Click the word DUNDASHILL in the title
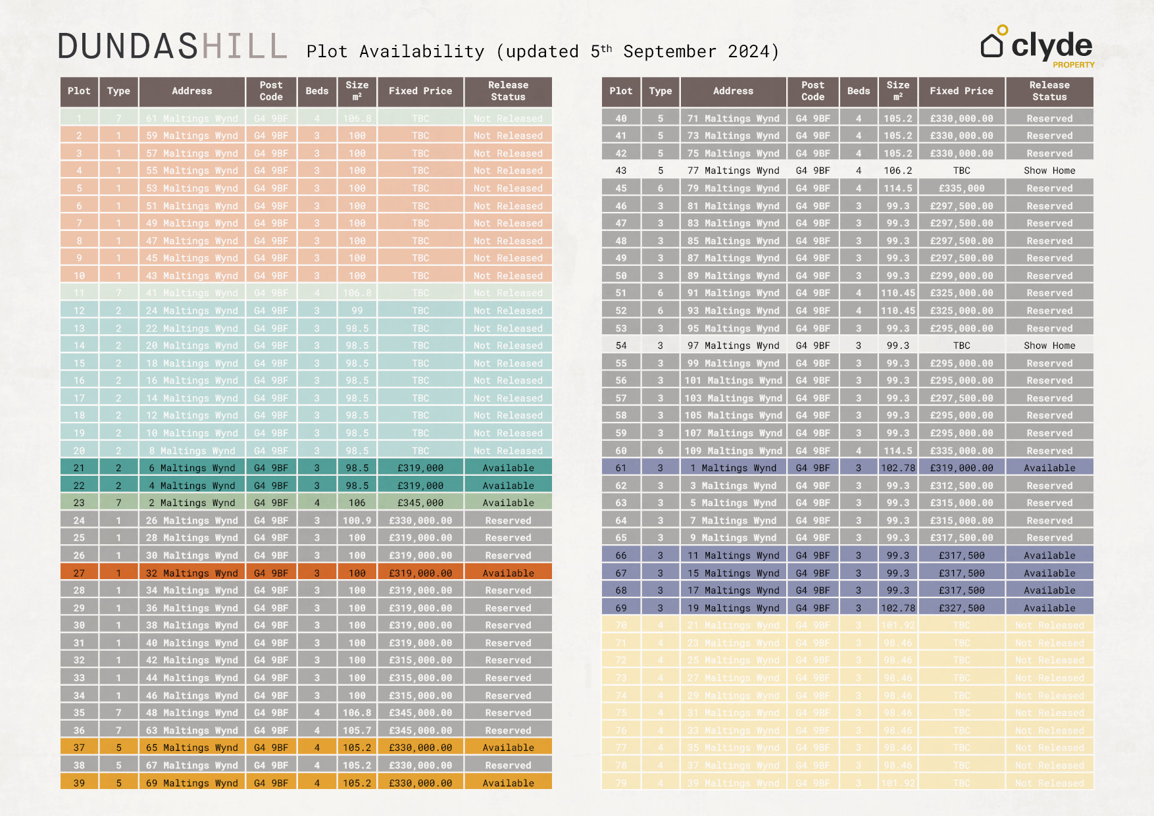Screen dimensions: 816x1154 [172, 47]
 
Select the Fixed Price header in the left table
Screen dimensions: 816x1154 [420, 91]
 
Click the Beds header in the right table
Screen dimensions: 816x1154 [858, 91]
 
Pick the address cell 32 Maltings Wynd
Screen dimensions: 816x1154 [192, 573]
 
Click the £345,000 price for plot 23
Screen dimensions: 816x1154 [420, 503]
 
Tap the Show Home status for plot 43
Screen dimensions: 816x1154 [1049, 170]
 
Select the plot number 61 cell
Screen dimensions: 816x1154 [620, 468]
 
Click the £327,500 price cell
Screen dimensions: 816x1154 [961, 608]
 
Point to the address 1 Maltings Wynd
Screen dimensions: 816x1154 [734, 468]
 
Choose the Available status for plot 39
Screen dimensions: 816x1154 [508, 783]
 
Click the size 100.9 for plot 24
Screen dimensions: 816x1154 [357, 521]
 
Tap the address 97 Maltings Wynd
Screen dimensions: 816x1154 [734, 345]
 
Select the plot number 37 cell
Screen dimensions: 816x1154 [79, 748]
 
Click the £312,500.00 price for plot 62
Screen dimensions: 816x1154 [961, 486]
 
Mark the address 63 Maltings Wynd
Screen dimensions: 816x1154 [192, 730]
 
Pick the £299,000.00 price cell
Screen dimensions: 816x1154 [961, 276]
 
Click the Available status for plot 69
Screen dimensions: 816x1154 [1049, 608]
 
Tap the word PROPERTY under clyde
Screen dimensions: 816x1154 [1073, 64]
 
